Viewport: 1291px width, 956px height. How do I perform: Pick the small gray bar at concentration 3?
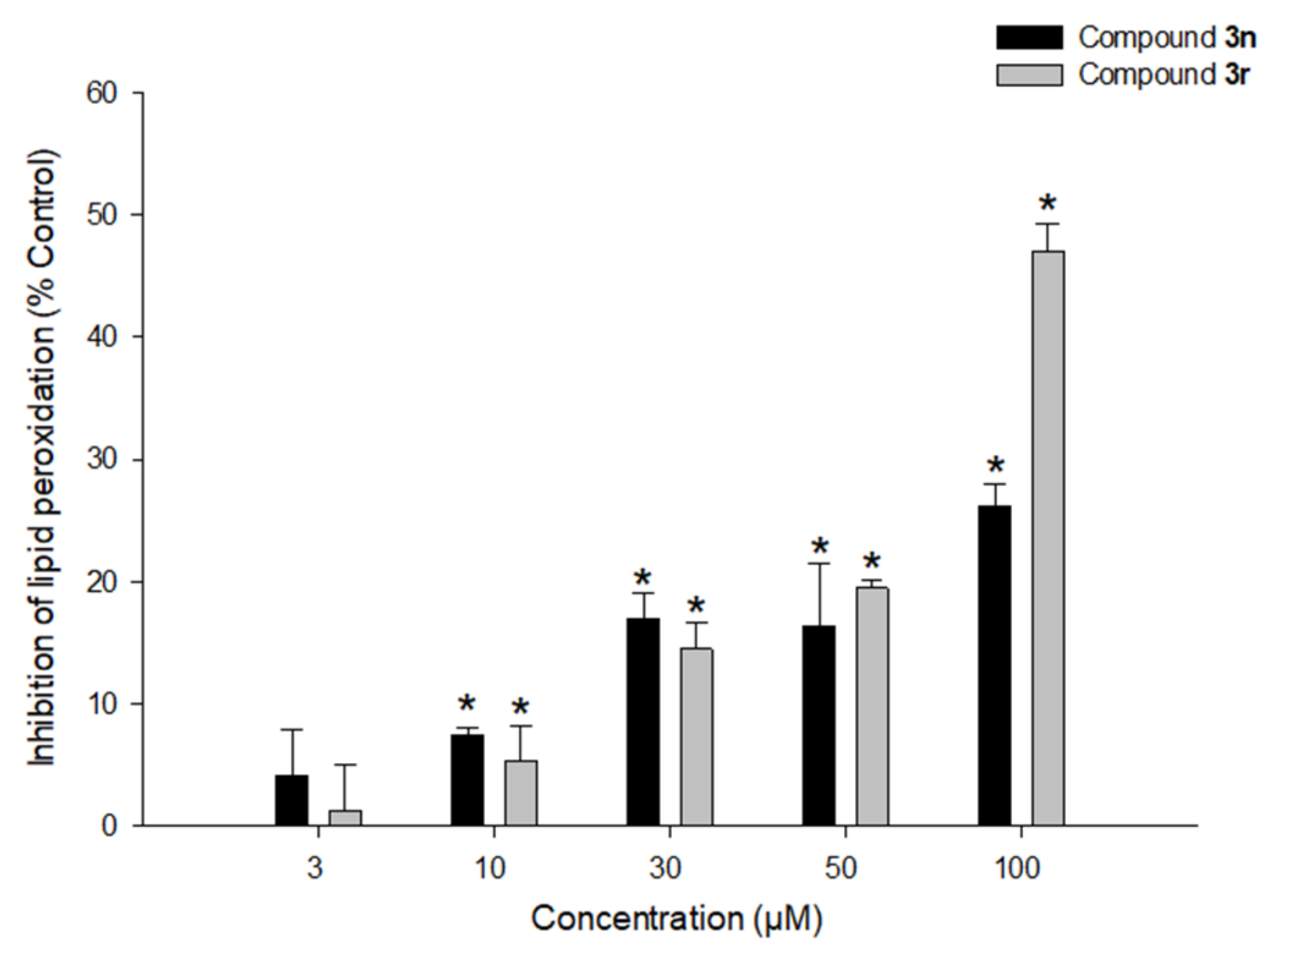click(345, 817)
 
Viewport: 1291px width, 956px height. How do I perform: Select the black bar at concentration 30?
click(643, 722)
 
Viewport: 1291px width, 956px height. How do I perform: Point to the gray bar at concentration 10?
click(521, 793)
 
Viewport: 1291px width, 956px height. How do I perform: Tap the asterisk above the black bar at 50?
click(820, 547)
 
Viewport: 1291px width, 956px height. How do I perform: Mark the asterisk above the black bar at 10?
click(467, 704)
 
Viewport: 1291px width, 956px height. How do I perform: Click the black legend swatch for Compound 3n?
click(1029, 38)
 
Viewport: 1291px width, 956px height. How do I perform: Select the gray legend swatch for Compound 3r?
click(1029, 75)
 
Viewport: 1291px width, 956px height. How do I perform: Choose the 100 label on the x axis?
click(1017, 868)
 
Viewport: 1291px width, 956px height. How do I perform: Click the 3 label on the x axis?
click(315, 868)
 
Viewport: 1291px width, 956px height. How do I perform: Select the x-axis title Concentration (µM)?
click(676, 919)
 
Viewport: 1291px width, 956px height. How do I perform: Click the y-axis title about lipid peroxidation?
click(43, 458)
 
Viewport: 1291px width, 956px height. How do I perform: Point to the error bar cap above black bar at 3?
click(292, 730)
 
